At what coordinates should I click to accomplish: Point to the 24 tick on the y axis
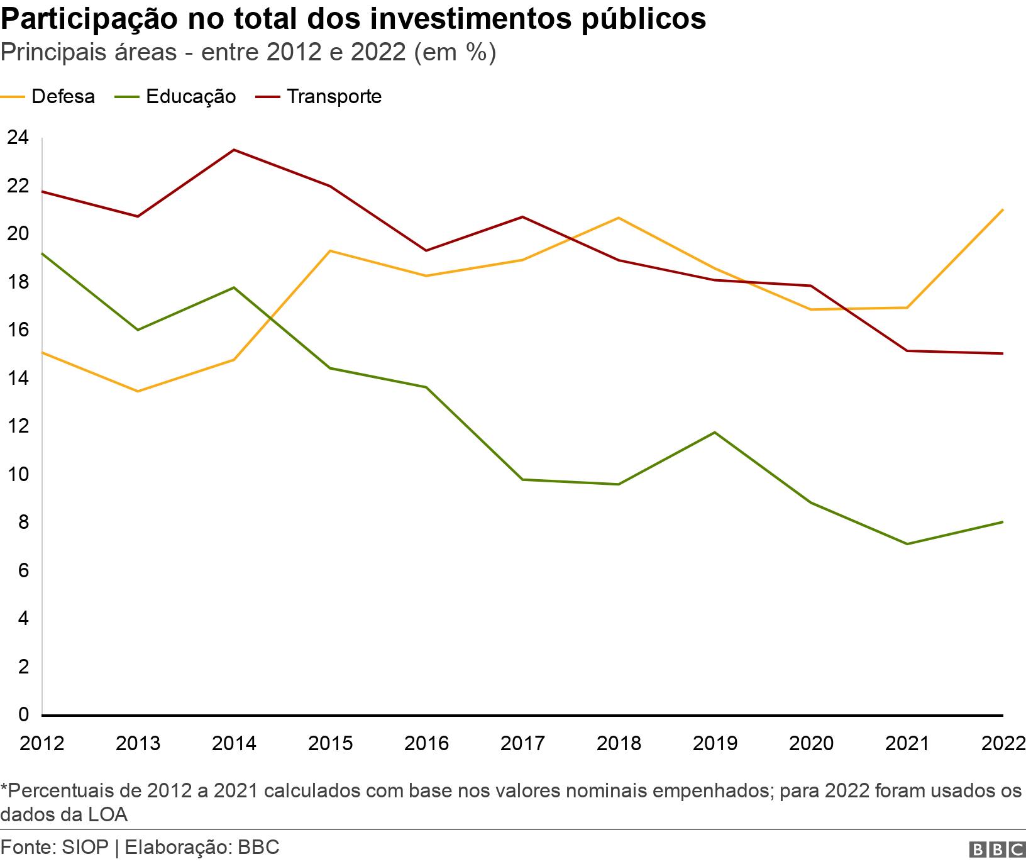point(18,137)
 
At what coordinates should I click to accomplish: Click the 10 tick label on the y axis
point(18,474)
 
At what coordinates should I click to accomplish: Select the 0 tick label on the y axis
point(24,714)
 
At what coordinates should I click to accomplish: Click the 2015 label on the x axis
point(330,743)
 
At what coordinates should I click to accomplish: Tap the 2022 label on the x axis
point(1003,743)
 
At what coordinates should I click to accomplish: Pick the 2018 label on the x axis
point(619,743)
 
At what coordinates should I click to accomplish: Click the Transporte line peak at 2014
point(234,150)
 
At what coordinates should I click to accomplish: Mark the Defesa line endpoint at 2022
point(1002,209)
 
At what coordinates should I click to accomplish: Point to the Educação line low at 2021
point(907,544)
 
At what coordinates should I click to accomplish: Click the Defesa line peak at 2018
point(619,218)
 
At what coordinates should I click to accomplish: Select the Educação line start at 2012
point(42,253)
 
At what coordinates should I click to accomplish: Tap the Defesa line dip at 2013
point(138,391)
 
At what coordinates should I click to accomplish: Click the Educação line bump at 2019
point(715,432)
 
